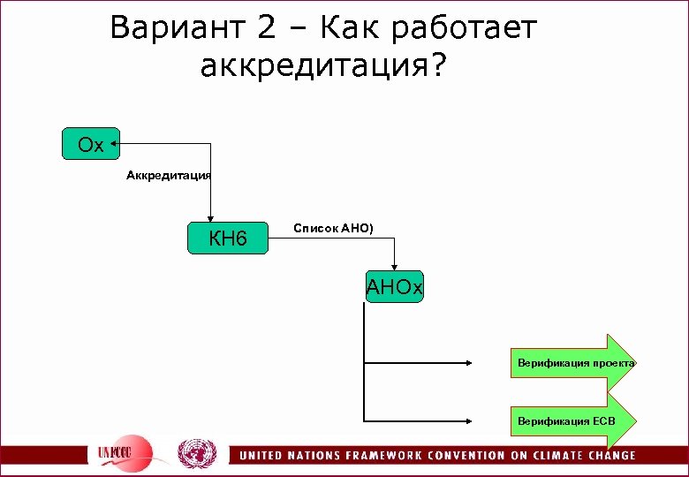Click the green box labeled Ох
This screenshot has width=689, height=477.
tap(90, 144)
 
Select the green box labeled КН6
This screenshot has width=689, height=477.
tap(228, 238)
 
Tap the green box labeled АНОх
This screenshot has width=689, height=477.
tap(395, 288)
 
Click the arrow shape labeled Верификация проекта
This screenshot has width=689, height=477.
tap(575, 363)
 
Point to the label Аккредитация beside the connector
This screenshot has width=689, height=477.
tap(168, 176)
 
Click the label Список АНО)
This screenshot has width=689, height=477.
tap(333, 229)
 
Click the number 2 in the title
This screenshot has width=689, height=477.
tap(267, 28)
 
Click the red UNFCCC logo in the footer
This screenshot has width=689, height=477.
tap(125, 453)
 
